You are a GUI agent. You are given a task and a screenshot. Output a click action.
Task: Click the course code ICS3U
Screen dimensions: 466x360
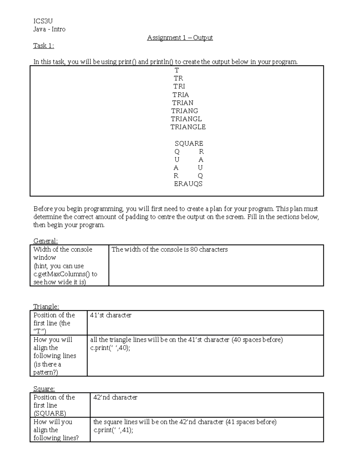[x=43, y=21]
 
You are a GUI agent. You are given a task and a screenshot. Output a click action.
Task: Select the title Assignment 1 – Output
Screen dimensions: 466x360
[x=180, y=38]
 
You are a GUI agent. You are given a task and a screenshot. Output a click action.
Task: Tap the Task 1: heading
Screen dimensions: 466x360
[x=43, y=46]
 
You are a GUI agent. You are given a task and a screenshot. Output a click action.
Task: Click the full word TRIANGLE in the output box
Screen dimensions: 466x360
[x=188, y=127]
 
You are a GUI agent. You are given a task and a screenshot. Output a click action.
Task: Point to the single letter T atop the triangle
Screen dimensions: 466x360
[x=177, y=70]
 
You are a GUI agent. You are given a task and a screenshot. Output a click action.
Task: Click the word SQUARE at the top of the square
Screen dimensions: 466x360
[x=189, y=143]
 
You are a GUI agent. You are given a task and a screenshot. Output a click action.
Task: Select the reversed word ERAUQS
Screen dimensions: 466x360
[x=188, y=184]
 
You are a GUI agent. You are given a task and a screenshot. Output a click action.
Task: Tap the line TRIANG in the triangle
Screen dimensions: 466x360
[x=184, y=111]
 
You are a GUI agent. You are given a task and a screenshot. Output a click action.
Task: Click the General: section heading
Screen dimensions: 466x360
[x=45, y=241]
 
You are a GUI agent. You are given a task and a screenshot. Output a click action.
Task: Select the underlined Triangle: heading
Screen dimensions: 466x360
[x=46, y=307]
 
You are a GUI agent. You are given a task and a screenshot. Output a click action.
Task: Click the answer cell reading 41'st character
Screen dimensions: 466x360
[x=111, y=315]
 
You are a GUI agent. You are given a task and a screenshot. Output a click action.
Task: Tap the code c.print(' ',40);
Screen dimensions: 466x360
[x=110, y=348]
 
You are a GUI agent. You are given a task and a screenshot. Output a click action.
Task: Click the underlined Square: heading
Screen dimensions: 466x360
[x=44, y=389]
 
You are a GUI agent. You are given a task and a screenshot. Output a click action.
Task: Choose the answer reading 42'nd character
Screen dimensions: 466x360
[x=115, y=397]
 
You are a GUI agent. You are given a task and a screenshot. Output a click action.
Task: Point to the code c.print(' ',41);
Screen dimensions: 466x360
[x=113, y=430]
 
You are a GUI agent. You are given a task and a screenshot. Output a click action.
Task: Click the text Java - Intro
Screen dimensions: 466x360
[x=49, y=29]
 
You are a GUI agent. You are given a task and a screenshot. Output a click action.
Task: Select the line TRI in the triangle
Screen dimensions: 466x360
[x=179, y=86]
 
